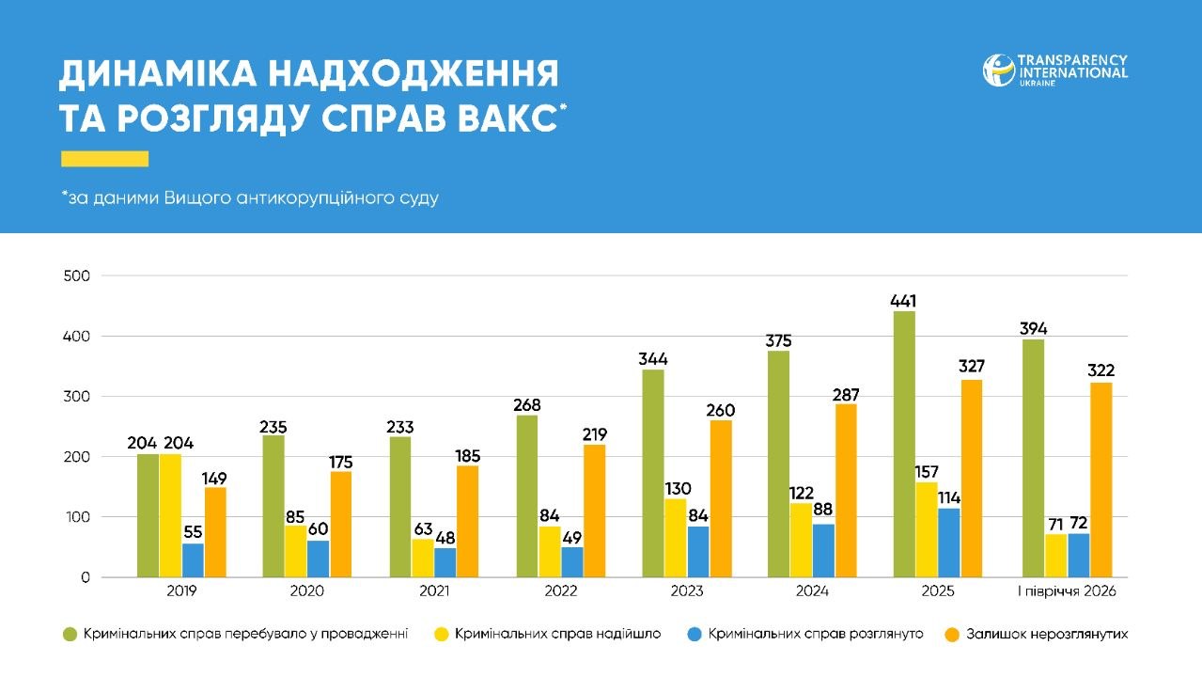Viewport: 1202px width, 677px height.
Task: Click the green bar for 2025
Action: coord(904,444)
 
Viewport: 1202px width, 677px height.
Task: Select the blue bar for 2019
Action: coord(193,560)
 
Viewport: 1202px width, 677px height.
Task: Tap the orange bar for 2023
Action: coord(721,498)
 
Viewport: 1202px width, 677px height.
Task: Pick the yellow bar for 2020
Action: coord(296,551)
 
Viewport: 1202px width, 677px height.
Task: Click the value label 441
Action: coord(903,301)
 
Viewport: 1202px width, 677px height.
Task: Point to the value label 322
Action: coord(1101,370)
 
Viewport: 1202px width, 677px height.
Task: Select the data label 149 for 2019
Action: coord(214,479)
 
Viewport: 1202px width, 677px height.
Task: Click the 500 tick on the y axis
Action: coord(77,276)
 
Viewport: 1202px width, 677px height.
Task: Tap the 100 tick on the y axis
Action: coord(77,517)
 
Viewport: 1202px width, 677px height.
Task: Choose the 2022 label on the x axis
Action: coord(560,591)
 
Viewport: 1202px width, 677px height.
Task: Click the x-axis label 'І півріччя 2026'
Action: coord(1067,591)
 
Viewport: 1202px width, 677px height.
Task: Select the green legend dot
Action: coord(70,635)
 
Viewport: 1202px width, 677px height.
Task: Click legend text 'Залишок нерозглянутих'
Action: coord(1047,634)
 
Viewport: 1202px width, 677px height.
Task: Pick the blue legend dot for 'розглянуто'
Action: coord(695,635)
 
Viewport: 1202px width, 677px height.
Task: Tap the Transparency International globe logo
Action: coord(999,71)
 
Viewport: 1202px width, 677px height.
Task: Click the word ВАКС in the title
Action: coord(507,118)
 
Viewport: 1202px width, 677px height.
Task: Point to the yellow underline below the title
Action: coord(104,159)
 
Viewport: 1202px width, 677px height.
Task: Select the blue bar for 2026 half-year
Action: coord(1079,555)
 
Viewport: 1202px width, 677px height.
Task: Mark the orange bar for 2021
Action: coord(467,521)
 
